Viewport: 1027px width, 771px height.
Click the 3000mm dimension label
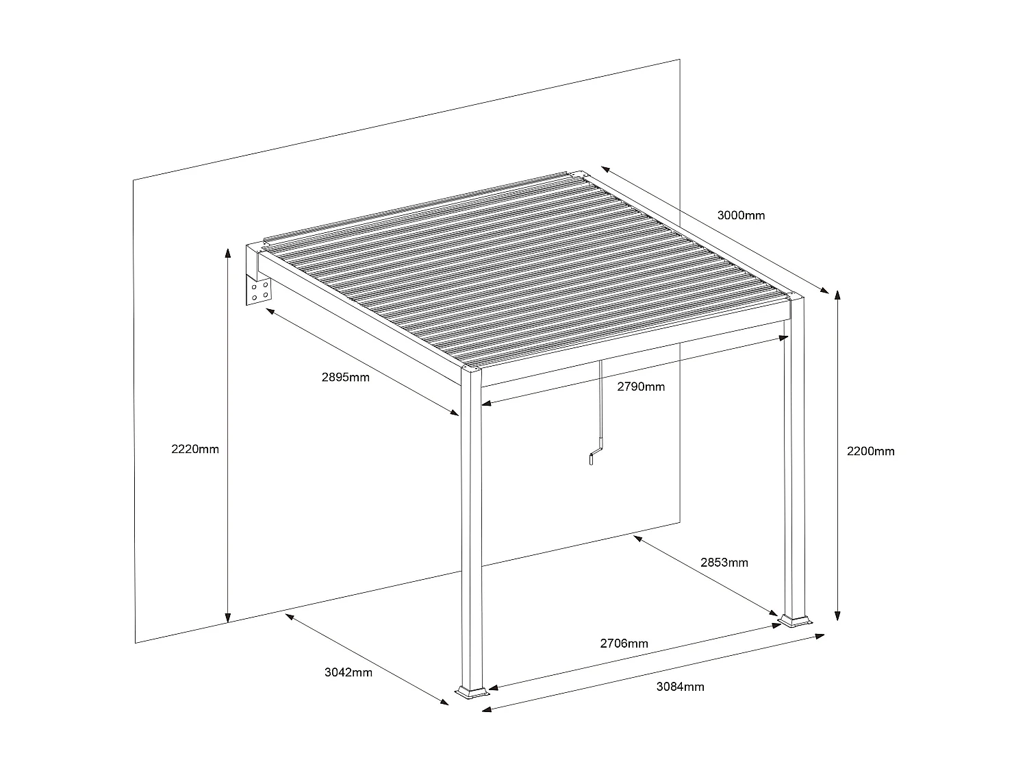(741, 215)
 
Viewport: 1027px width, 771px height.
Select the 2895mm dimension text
(345, 377)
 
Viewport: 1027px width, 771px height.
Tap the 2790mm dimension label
(640, 387)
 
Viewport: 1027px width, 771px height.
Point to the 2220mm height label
(195, 449)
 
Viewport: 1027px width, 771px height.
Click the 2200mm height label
(870, 451)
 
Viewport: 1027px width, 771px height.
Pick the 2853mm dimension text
(724, 563)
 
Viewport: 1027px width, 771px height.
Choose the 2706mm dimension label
(624, 644)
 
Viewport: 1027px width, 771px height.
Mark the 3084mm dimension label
(680, 687)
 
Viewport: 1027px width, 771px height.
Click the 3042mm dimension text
(348, 672)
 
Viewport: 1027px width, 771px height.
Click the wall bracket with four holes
(259, 292)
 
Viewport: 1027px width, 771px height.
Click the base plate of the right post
(796, 621)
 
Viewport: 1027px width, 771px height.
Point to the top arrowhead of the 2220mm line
(227, 252)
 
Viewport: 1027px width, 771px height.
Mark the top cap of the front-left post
(471, 370)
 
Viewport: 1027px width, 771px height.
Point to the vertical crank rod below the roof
(600, 397)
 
